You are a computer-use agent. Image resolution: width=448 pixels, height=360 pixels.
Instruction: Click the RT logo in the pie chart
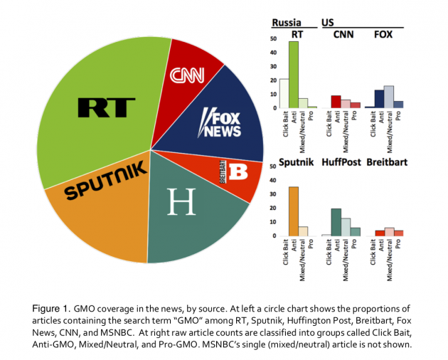pos(107,108)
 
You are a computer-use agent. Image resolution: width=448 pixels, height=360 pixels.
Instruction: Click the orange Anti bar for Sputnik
pos(293,211)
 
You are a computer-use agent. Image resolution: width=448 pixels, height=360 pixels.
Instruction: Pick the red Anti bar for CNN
pos(336,102)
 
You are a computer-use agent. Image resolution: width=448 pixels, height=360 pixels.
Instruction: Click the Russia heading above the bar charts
pos(284,21)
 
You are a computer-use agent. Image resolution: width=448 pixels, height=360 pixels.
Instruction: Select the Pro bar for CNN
pos(355,105)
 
